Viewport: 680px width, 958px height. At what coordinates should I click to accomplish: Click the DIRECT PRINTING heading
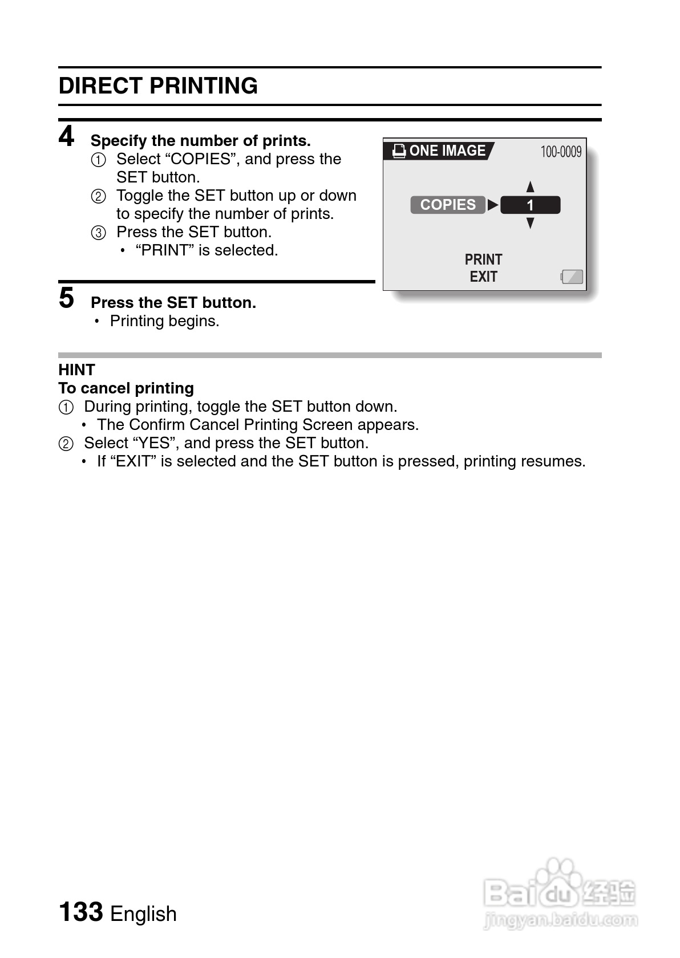[158, 86]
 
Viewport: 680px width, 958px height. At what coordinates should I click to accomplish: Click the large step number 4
[67, 137]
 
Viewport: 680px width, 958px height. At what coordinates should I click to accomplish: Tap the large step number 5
[67, 298]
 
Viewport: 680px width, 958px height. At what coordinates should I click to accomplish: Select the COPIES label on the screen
[448, 205]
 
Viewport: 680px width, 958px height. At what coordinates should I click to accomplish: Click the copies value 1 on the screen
[530, 205]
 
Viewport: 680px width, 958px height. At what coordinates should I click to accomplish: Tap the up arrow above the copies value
[531, 186]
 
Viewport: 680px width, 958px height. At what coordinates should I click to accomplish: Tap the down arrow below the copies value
[531, 223]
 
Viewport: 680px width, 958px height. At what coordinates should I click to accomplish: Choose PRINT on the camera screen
[483, 259]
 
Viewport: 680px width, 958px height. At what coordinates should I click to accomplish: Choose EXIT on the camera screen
[483, 277]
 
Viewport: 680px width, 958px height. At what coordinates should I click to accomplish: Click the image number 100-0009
[561, 152]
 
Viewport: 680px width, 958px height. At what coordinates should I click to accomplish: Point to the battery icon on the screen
[572, 277]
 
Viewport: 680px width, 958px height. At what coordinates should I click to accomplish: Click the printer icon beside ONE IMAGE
[399, 151]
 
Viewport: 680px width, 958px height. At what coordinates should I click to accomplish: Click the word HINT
[76, 370]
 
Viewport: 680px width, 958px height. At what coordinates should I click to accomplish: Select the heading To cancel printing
[126, 388]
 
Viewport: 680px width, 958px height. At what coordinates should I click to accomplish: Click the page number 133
[81, 912]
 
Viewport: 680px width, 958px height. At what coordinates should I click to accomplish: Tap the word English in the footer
[143, 914]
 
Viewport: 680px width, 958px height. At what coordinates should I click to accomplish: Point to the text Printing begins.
[164, 321]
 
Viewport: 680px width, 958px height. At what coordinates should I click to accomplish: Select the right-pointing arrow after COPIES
[493, 205]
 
